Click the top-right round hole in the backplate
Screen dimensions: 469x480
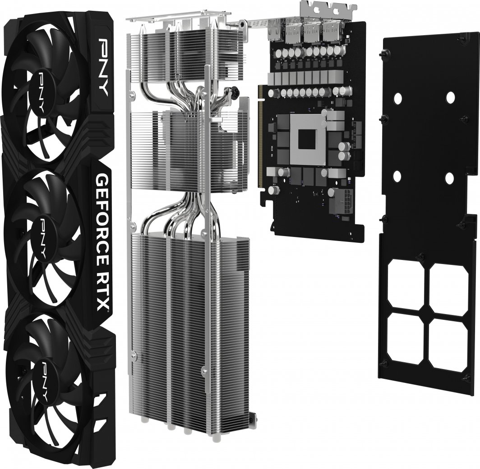(450, 96)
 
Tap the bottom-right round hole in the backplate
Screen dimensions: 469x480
(449, 178)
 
